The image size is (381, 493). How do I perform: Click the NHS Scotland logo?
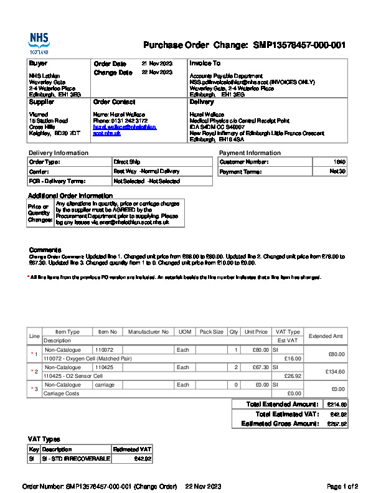pyautogui.click(x=38, y=44)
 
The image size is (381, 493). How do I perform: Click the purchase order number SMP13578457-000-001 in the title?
pyautogui.click(x=299, y=45)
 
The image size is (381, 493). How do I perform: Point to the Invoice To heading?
pyautogui.click(x=205, y=63)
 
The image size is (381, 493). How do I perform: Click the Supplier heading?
pyautogui.click(x=42, y=101)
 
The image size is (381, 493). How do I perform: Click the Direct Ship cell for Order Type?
pyautogui.click(x=127, y=162)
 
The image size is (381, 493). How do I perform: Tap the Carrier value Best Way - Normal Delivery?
pyautogui.click(x=146, y=171)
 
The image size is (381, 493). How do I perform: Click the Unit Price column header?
pyautogui.click(x=256, y=332)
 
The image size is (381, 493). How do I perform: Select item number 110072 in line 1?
pyautogui.click(x=104, y=350)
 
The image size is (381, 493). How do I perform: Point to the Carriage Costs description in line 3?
pyautogui.click(x=61, y=393)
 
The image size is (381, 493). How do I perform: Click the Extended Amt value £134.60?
pyautogui.click(x=335, y=372)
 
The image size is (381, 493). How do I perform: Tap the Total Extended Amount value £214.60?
pyautogui.click(x=337, y=404)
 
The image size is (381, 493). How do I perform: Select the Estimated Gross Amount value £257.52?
pyautogui.click(x=337, y=424)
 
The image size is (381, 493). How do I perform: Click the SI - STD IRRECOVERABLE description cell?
pyautogui.click(x=75, y=459)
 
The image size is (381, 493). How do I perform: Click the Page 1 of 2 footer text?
pyautogui.click(x=342, y=486)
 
